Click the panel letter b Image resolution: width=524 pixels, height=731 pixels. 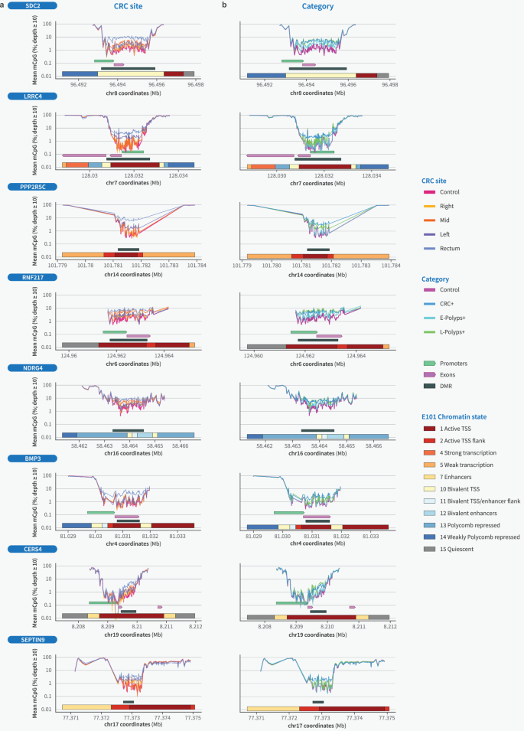[224, 5]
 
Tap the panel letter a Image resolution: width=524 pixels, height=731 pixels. [4, 5]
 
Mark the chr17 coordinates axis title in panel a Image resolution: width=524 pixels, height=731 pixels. [129, 724]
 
